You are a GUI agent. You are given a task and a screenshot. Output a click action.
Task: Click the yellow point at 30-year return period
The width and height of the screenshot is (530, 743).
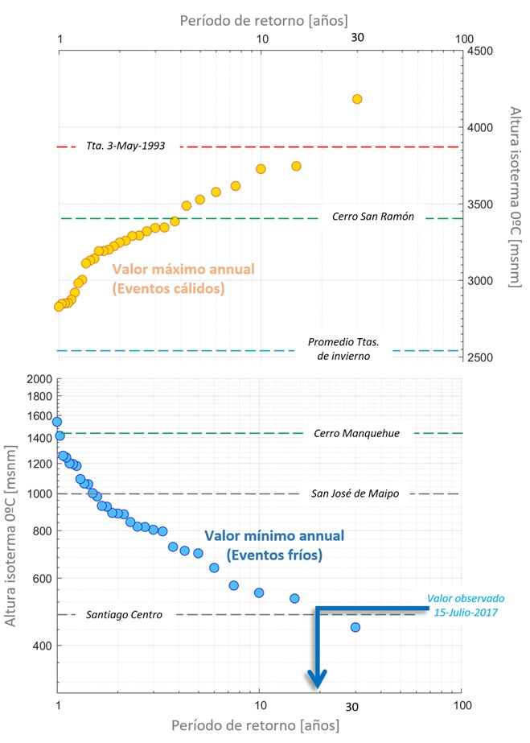pyautogui.click(x=357, y=99)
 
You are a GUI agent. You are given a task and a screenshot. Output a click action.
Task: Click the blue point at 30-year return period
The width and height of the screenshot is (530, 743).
pyautogui.click(x=355, y=627)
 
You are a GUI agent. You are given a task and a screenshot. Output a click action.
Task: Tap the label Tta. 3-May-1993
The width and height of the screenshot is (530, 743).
pyautogui.click(x=125, y=147)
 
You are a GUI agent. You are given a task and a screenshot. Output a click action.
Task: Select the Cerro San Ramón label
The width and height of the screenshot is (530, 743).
pyautogui.click(x=372, y=217)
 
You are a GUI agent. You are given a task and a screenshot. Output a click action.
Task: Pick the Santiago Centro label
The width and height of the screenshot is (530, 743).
pyautogui.click(x=125, y=614)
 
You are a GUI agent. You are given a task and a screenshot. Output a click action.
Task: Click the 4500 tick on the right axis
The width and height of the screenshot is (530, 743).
pyautogui.click(x=482, y=51)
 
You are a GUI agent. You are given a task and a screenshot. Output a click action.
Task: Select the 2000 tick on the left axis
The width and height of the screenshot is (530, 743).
pyautogui.click(x=39, y=380)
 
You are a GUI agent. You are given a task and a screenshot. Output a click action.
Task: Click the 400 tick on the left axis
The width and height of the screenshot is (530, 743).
pyautogui.click(x=42, y=646)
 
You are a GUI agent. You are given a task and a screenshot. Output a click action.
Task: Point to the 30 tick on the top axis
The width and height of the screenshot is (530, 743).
pyautogui.click(x=357, y=39)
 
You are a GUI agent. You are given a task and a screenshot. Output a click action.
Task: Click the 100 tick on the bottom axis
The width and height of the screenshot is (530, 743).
pyautogui.click(x=460, y=706)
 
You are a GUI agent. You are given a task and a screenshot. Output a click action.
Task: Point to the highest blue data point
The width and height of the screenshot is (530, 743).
pyautogui.click(x=56, y=422)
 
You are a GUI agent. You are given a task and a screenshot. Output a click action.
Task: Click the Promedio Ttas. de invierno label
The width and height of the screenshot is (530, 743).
pyautogui.click(x=343, y=349)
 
